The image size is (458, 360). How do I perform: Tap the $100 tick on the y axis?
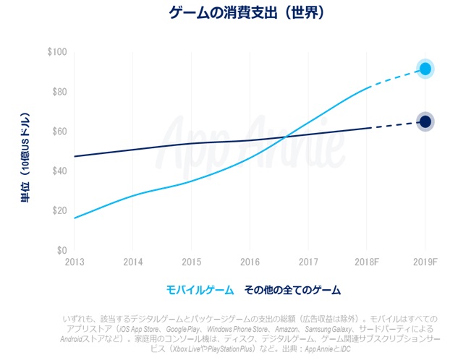[x=56, y=53]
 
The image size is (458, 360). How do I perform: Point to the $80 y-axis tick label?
[x=59, y=92]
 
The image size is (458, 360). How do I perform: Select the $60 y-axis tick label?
[x=59, y=132]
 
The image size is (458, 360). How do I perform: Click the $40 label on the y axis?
[x=59, y=171]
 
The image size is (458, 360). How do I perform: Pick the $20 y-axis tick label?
[x=59, y=210]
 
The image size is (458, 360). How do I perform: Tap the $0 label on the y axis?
[x=62, y=250]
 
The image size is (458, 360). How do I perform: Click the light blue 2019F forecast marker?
[x=425, y=69]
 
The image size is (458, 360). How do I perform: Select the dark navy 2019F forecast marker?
[x=425, y=122]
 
